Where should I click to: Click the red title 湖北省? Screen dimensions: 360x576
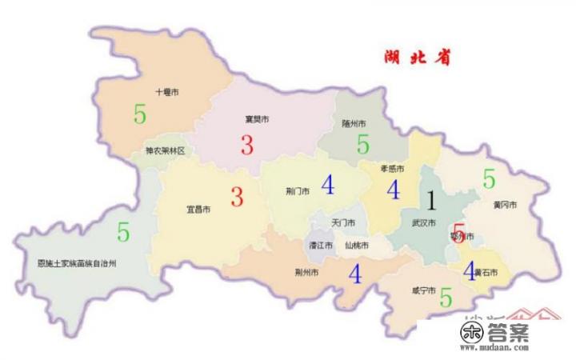point(416,58)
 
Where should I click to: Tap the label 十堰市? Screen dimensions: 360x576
point(166,93)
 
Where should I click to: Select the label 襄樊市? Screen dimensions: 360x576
point(256,119)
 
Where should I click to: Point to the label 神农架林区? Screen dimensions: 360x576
point(165,150)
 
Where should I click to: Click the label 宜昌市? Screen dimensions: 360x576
point(198,210)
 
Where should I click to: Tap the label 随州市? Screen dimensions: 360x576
point(354,124)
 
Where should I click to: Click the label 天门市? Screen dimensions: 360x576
point(344,222)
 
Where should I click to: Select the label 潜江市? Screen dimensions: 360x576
point(321,245)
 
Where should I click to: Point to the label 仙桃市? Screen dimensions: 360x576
point(357,245)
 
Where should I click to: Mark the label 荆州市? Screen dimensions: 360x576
point(307,273)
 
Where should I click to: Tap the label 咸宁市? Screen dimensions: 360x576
point(422,290)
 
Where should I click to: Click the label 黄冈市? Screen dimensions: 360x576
point(505,206)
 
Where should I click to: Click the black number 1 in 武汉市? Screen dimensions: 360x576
point(430,200)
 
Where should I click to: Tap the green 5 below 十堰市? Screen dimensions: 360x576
point(140,115)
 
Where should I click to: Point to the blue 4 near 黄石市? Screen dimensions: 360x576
point(470,270)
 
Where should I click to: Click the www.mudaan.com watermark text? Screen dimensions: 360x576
point(495,349)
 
